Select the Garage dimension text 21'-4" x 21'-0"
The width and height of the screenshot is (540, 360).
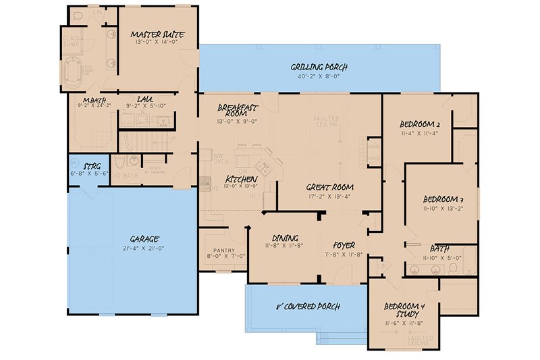144,249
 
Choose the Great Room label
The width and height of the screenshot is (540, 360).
330,187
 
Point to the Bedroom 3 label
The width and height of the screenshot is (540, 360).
443,199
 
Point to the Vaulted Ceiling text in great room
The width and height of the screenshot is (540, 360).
325,122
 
